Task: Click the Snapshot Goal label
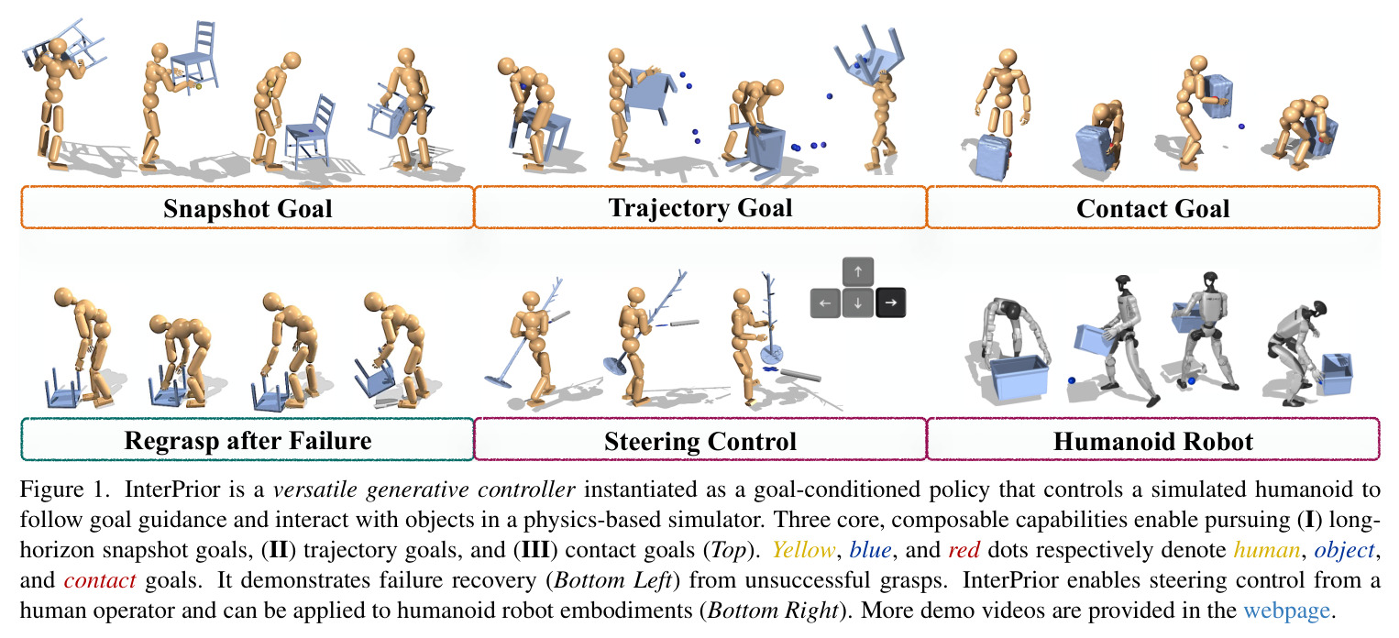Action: click(248, 208)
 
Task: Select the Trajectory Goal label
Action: click(700, 208)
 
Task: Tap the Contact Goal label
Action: click(1153, 208)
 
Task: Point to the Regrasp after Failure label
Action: click(248, 441)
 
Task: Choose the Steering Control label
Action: click(700, 441)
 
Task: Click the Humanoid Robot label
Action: click(1153, 441)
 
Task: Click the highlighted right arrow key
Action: click(890, 302)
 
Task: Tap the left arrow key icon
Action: click(825, 302)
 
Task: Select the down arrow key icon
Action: click(857, 302)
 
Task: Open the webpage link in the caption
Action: click(1286, 610)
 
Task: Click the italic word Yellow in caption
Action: click(803, 549)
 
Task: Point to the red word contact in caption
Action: click(100, 580)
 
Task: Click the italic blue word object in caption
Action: click(1344, 550)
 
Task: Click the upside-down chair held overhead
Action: click(869, 53)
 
